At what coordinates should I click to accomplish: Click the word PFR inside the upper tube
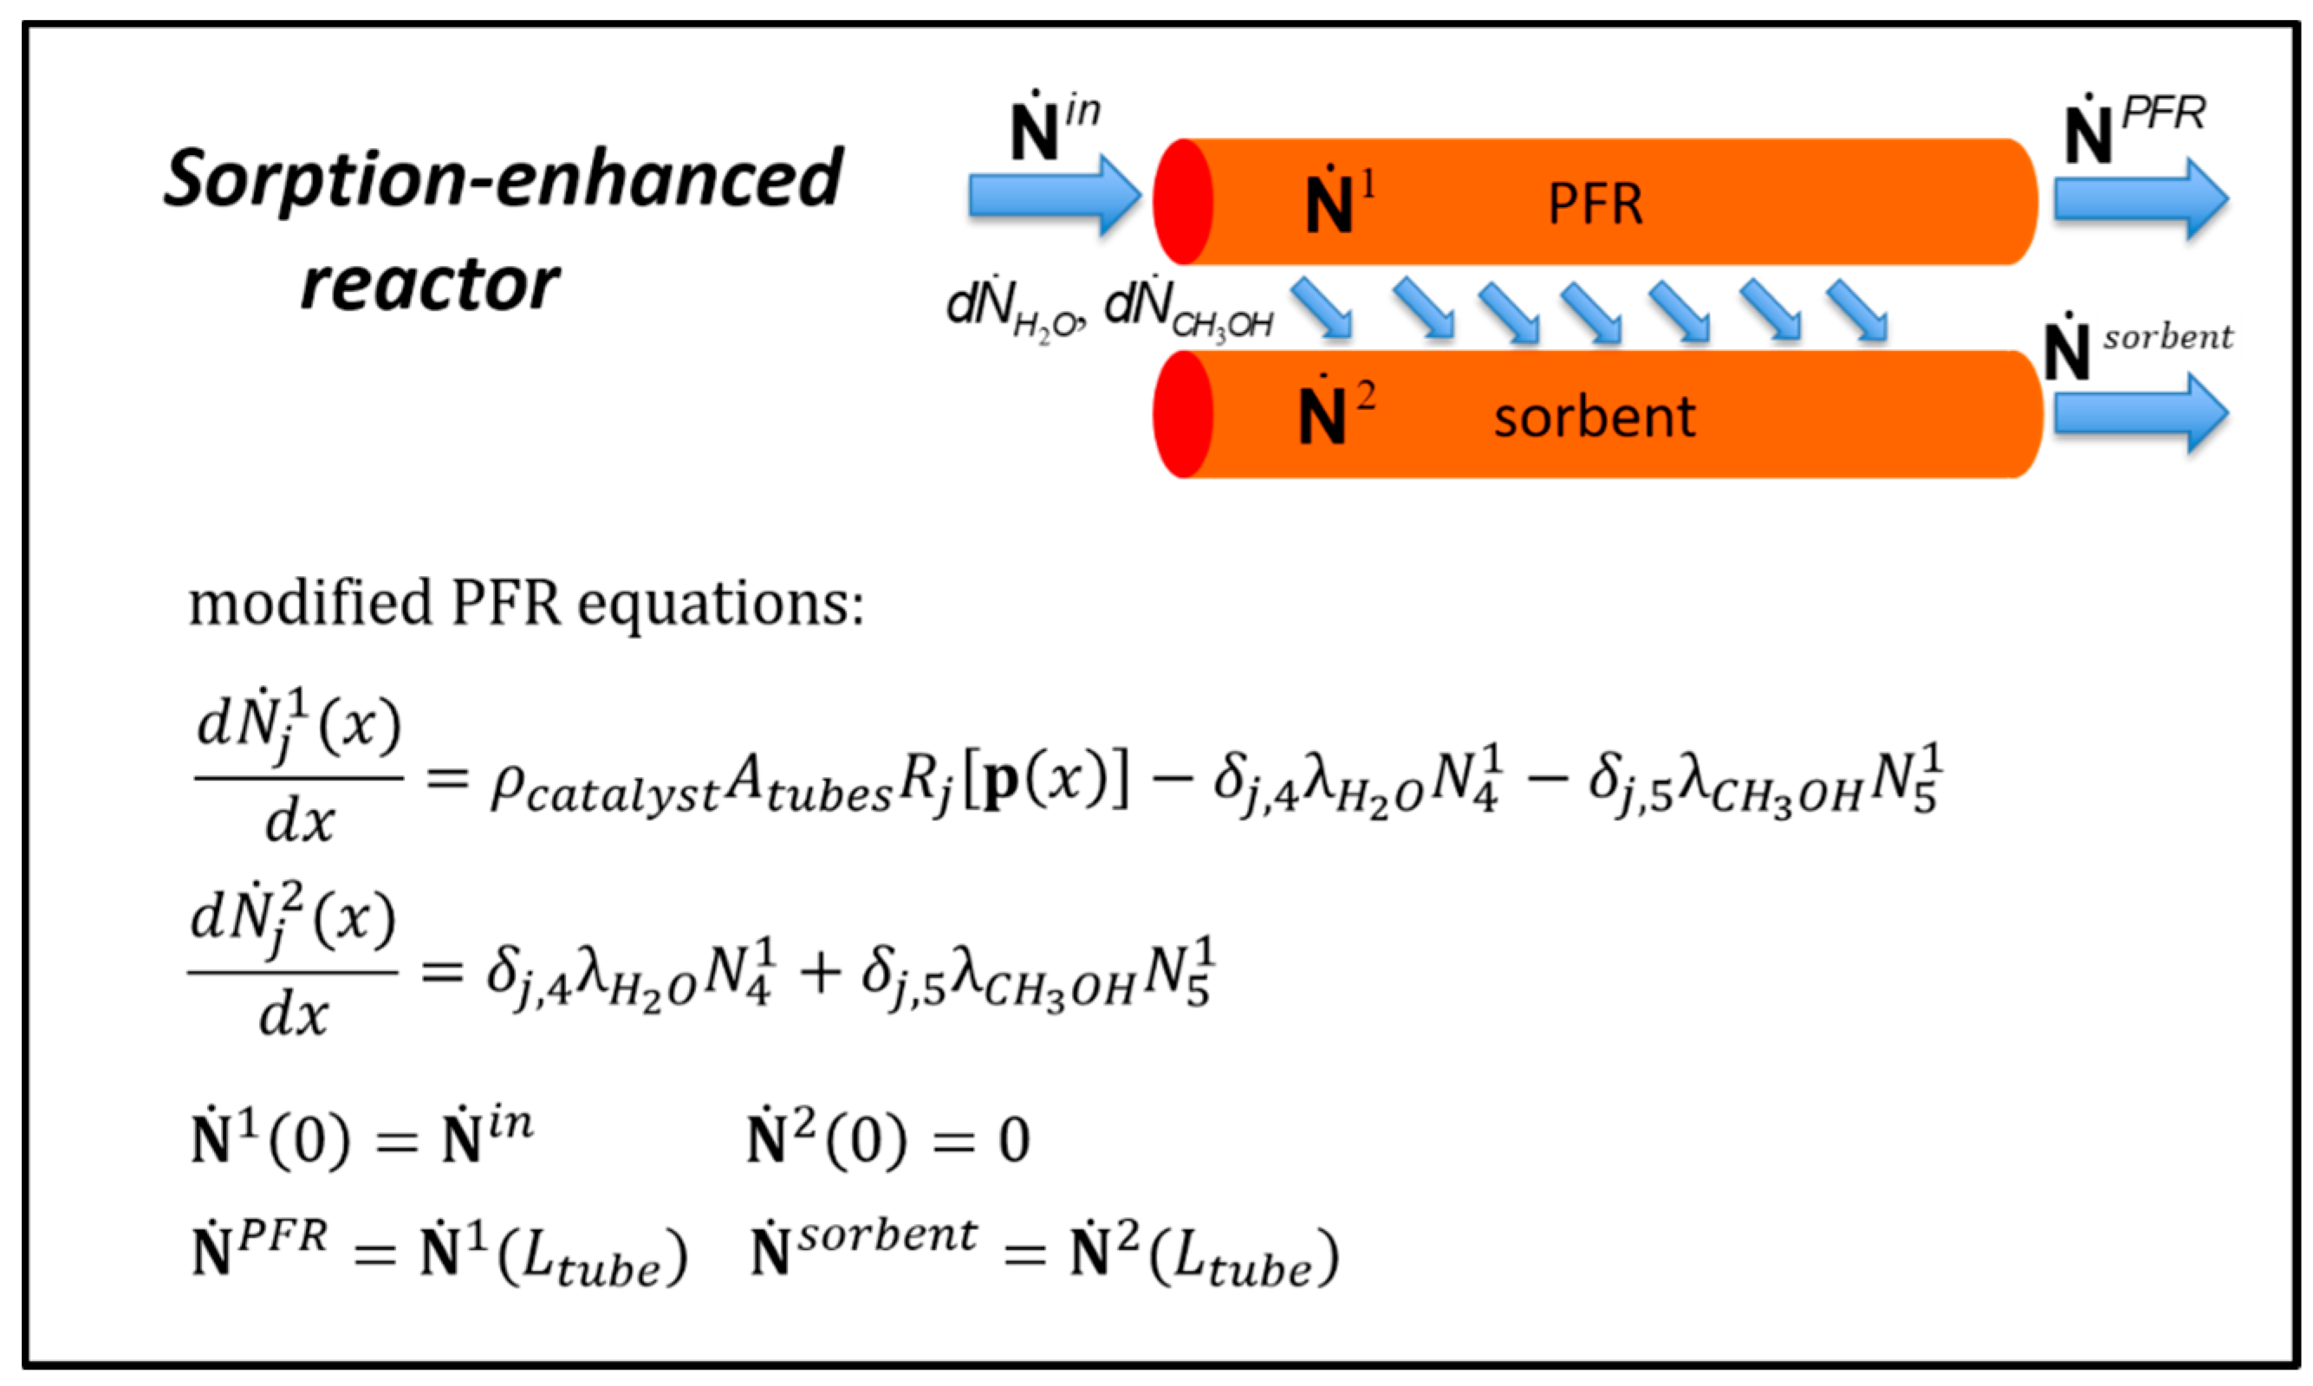click(1595, 204)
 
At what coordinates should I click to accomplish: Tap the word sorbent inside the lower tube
click(1594, 417)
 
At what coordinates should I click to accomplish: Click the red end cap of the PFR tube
click(1182, 202)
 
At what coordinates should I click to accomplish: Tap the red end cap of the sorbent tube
click(1182, 414)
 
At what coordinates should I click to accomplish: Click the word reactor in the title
click(430, 283)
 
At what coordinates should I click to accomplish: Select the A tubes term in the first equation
click(808, 785)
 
